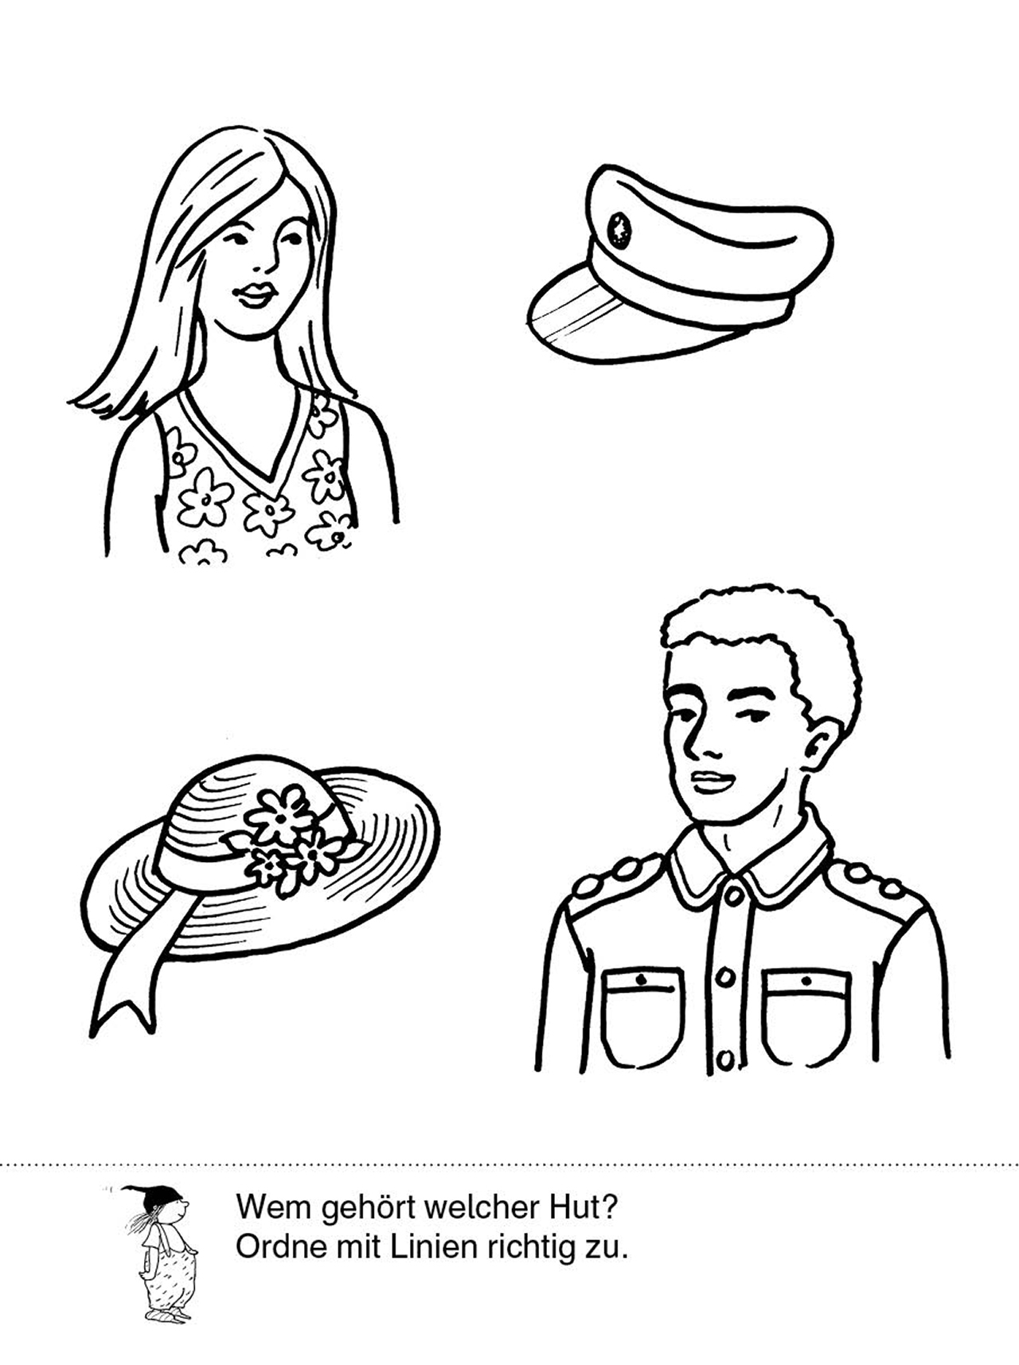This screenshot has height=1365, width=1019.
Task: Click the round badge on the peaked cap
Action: (619, 230)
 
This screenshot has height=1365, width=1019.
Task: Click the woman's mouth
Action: (256, 295)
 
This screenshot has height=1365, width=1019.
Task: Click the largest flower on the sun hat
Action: (279, 815)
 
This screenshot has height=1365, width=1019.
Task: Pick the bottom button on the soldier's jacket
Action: (725, 1059)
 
